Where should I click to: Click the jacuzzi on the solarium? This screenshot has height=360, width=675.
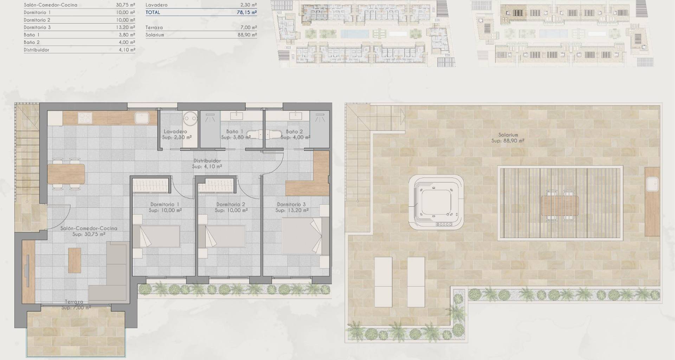436,202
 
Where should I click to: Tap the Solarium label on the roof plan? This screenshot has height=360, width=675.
508,135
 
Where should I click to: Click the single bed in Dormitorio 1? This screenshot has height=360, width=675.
156,237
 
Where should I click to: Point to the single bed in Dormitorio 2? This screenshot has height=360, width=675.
222,237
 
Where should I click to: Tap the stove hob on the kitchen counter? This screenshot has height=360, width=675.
85,118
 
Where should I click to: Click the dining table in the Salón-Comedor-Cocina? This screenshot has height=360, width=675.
66,174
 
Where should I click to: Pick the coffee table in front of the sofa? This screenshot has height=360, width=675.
75,260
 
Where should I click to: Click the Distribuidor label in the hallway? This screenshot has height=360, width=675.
207,161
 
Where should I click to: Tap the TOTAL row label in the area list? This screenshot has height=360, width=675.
153,12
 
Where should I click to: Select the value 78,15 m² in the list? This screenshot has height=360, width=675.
247,12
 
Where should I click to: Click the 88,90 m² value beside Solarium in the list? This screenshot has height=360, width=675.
247,35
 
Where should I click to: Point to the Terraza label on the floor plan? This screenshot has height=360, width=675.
74,302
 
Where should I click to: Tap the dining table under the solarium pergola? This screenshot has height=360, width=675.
560,206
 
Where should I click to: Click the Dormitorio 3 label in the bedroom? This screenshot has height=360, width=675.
291,204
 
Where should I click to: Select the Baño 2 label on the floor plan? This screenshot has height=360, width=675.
294,131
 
